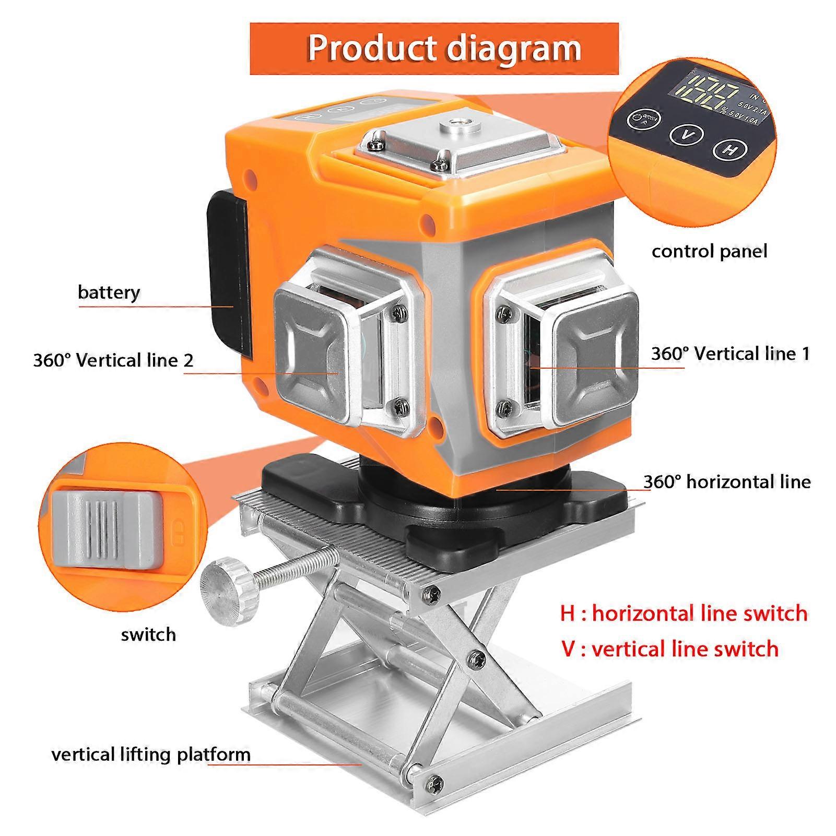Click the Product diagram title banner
pos(433,49)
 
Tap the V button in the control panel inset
pos(687,134)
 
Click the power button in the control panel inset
pos(642,119)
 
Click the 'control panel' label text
pos(709,252)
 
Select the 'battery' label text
pos(109,292)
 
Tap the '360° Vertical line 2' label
pos(113,360)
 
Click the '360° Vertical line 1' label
pos(729,354)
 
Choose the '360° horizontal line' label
pos(727,481)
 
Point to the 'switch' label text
pos(148,635)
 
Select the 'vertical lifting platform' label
pos(151,755)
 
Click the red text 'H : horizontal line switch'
pos(683,613)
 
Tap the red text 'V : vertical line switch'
pos(669,649)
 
